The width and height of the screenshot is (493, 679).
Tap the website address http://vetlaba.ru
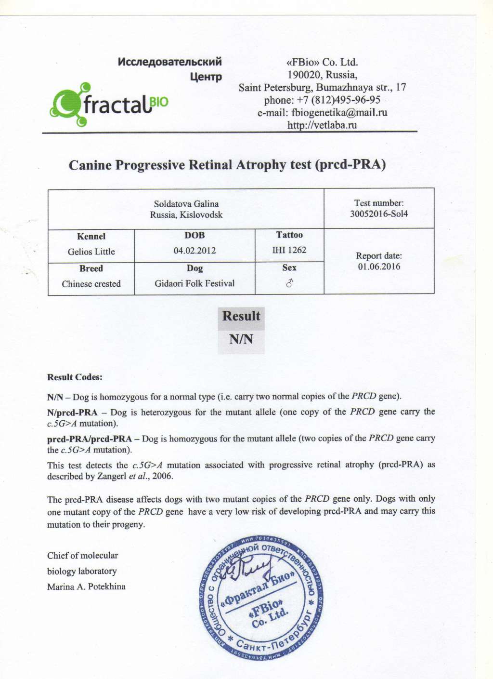coord(322,125)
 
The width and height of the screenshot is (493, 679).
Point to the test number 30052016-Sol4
coord(379,214)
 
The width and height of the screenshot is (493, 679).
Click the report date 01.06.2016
coord(379,267)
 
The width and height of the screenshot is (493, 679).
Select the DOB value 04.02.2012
coord(195,251)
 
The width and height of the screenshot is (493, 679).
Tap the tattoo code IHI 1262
coord(289,250)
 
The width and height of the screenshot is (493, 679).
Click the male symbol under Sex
coord(289,283)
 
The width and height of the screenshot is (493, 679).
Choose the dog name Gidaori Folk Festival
coord(195,283)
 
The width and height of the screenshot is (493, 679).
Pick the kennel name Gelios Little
coord(91,252)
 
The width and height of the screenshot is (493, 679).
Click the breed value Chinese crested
coord(91,284)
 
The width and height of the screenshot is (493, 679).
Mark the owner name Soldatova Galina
coord(186,204)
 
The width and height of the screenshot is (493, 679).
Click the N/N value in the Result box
coord(241,339)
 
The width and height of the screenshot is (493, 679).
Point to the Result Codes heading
coord(75,377)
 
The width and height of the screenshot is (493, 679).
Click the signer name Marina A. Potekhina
coord(86,586)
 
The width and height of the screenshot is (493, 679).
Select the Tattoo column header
coord(289,235)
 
